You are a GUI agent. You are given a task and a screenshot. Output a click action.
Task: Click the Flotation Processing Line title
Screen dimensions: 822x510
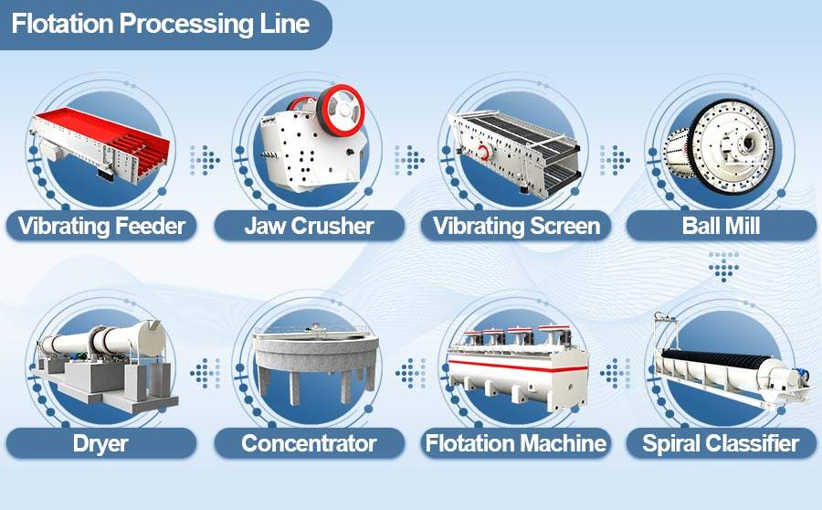[161, 24]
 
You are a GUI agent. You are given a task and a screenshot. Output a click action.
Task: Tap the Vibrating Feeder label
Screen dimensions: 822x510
[101, 226]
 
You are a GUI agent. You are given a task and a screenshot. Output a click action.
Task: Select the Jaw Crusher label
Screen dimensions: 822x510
[310, 226]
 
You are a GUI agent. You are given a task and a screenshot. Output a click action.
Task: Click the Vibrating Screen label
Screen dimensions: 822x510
[516, 226]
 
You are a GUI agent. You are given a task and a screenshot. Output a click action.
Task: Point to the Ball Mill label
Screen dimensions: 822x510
[721, 226]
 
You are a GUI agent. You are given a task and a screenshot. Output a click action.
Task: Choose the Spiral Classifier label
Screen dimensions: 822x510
[721, 443]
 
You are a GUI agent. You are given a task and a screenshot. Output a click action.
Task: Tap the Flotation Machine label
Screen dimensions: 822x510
[516, 443]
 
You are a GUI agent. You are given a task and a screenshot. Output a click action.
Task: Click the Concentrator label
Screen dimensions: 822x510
[310, 443]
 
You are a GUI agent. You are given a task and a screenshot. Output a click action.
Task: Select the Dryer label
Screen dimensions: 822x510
[100, 444]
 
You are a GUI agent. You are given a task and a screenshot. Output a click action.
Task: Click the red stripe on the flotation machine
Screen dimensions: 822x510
[518, 366]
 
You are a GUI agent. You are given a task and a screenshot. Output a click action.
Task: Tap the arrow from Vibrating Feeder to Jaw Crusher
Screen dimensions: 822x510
[205, 160]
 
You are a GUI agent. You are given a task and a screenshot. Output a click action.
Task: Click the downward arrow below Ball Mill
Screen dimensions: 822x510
[723, 267]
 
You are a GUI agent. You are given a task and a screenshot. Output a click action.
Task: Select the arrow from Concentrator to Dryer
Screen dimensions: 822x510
[205, 374]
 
